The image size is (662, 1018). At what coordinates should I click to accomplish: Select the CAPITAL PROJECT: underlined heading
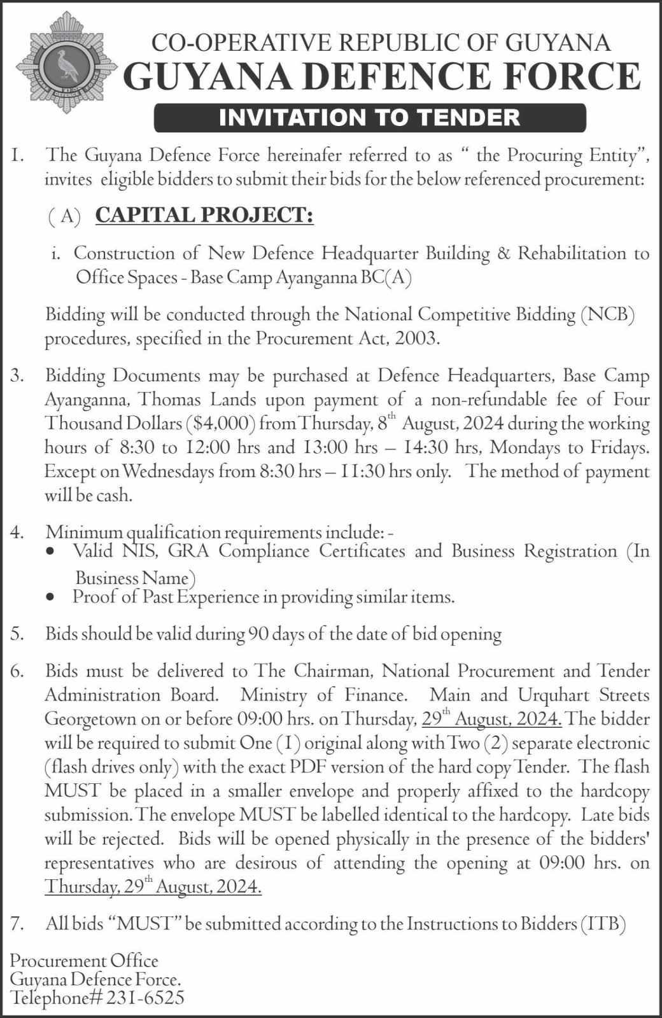(x=204, y=216)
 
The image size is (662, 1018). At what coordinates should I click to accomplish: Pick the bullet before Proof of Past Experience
(x=52, y=598)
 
